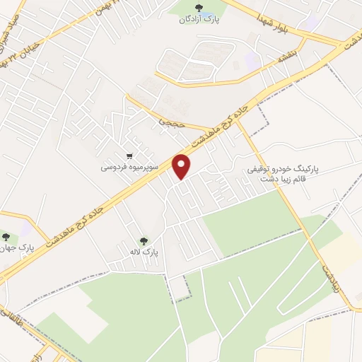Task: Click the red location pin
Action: (183, 166)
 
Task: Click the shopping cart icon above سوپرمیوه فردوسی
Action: (129, 156)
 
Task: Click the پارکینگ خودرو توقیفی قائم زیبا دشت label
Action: (284, 174)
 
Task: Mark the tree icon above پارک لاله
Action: (144, 240)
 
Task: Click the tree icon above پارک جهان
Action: (6, 237)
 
